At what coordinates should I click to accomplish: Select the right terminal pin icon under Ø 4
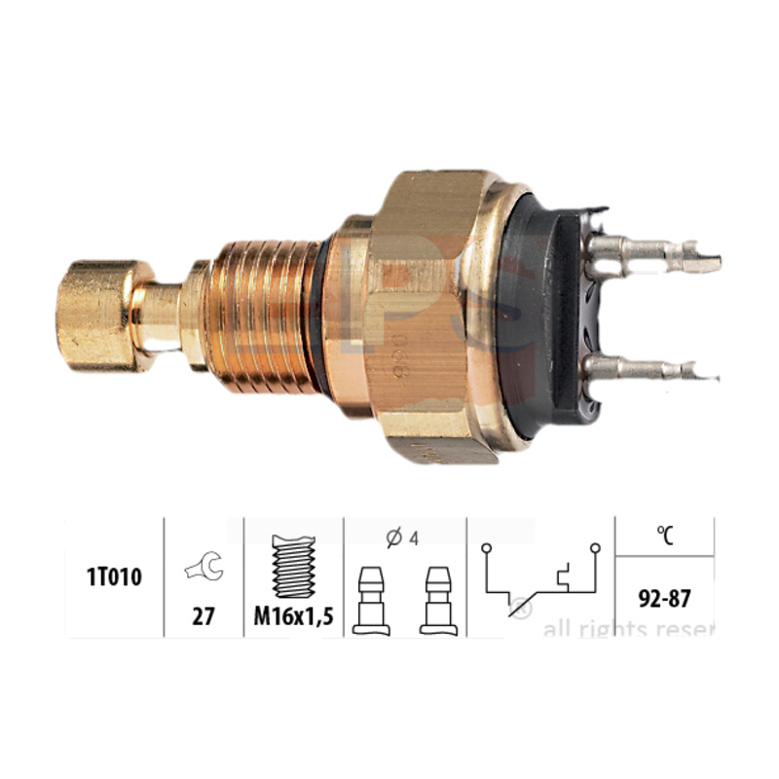pos(435,599)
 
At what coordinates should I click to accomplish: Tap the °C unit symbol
pos(666,534)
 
